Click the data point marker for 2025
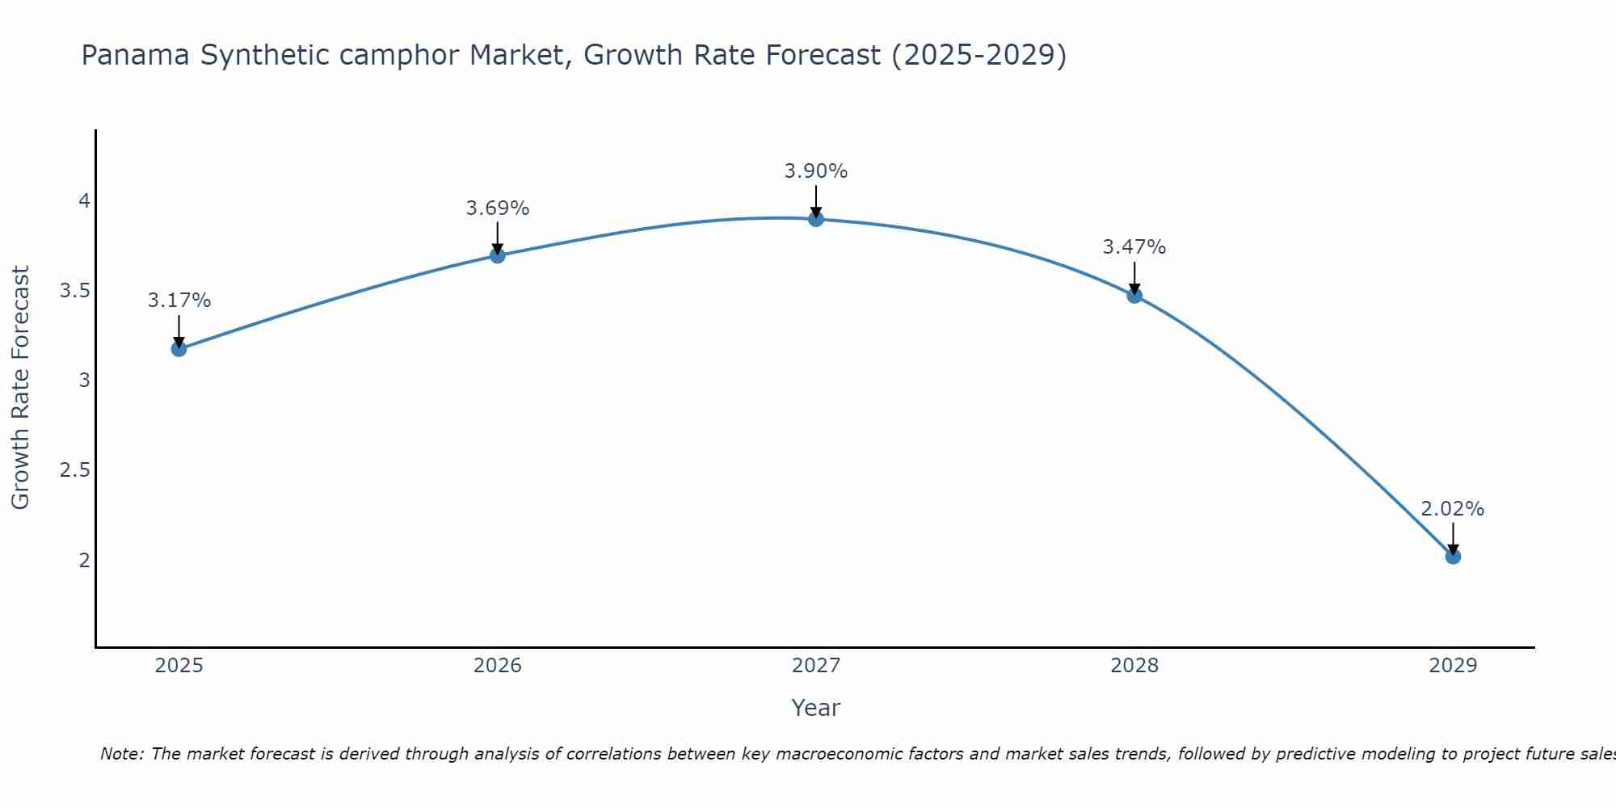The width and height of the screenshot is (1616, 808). coord(179,349)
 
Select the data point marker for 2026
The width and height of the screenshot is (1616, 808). coord(498,255)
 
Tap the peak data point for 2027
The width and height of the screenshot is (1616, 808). coord(816,219)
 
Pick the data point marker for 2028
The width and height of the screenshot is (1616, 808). coord(1134,296)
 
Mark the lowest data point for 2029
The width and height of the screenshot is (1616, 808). coord(1453,557)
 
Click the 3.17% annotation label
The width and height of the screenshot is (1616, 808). coord(179,301)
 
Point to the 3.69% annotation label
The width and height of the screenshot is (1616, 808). coord(498,208)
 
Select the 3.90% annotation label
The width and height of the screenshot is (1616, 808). coord(816,171)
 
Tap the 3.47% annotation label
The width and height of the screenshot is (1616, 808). coord(1134,247)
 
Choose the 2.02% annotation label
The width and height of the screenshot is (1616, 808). coord(1453,509)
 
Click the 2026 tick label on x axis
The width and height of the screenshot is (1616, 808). coord(498,666)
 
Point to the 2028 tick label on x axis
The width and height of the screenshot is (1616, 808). coord(1134,666)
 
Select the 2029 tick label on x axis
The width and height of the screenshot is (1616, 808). coord(1453,666)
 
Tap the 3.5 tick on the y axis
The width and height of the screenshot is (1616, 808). coord(74,291)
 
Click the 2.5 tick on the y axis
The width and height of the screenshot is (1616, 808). coord(74,470)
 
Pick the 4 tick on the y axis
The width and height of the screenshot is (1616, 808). coord(84,201)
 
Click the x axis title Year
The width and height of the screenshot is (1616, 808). coord(816,708)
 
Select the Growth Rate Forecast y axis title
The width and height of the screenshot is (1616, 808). coord(20,388)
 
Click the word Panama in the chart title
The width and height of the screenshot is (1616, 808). coord(136,56)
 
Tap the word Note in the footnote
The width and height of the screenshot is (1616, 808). coord(121,754)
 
